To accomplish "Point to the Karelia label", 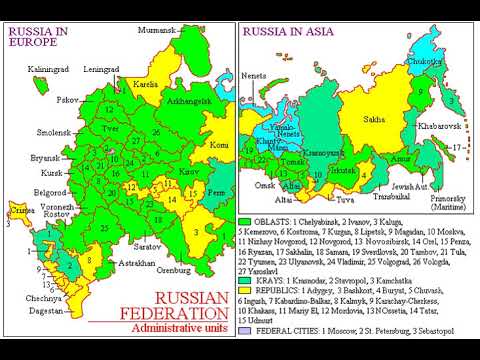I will tap(146, 85).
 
